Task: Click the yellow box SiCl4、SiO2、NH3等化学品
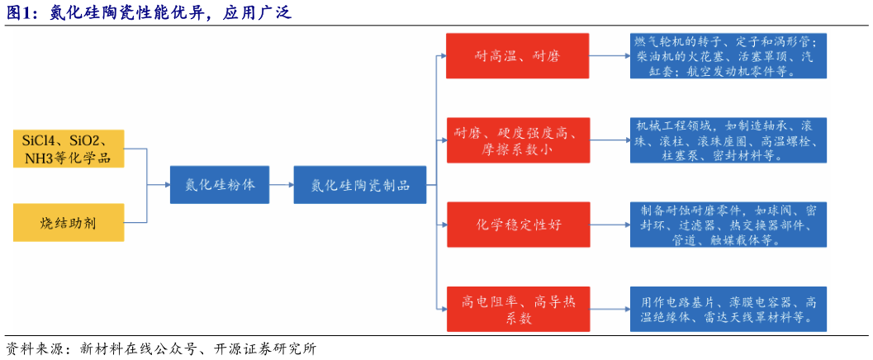69,148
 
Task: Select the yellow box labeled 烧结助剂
69,222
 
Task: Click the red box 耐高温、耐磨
518,56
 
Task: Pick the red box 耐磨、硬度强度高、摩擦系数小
518,140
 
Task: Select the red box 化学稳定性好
518,224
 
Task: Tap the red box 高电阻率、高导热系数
518,309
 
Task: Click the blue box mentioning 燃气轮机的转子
728,56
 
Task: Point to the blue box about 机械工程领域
728,140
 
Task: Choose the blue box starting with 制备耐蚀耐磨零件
728,224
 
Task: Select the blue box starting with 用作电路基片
728,309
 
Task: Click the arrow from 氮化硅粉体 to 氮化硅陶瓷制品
282,185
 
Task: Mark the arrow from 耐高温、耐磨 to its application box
610,56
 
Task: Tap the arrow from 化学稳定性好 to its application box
610,224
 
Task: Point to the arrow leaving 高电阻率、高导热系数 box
610,309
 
